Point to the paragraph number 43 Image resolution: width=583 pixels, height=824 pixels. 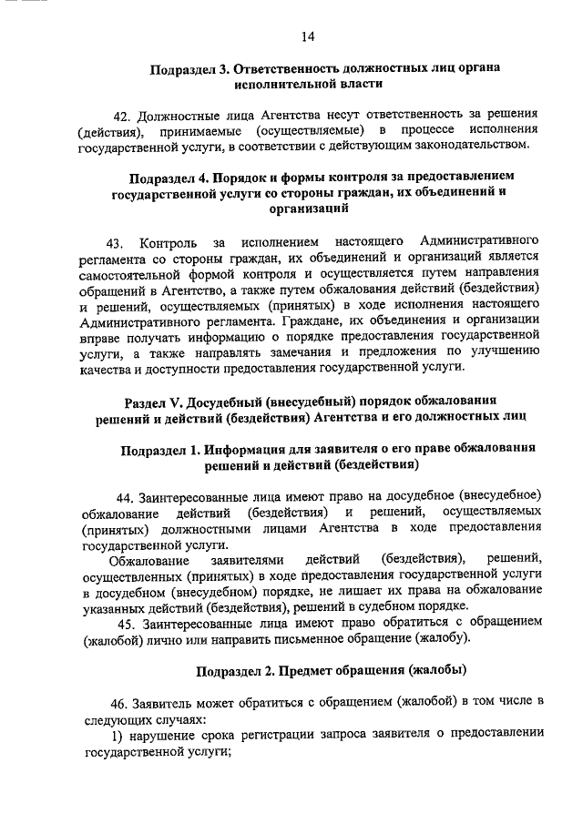(115, 243)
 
